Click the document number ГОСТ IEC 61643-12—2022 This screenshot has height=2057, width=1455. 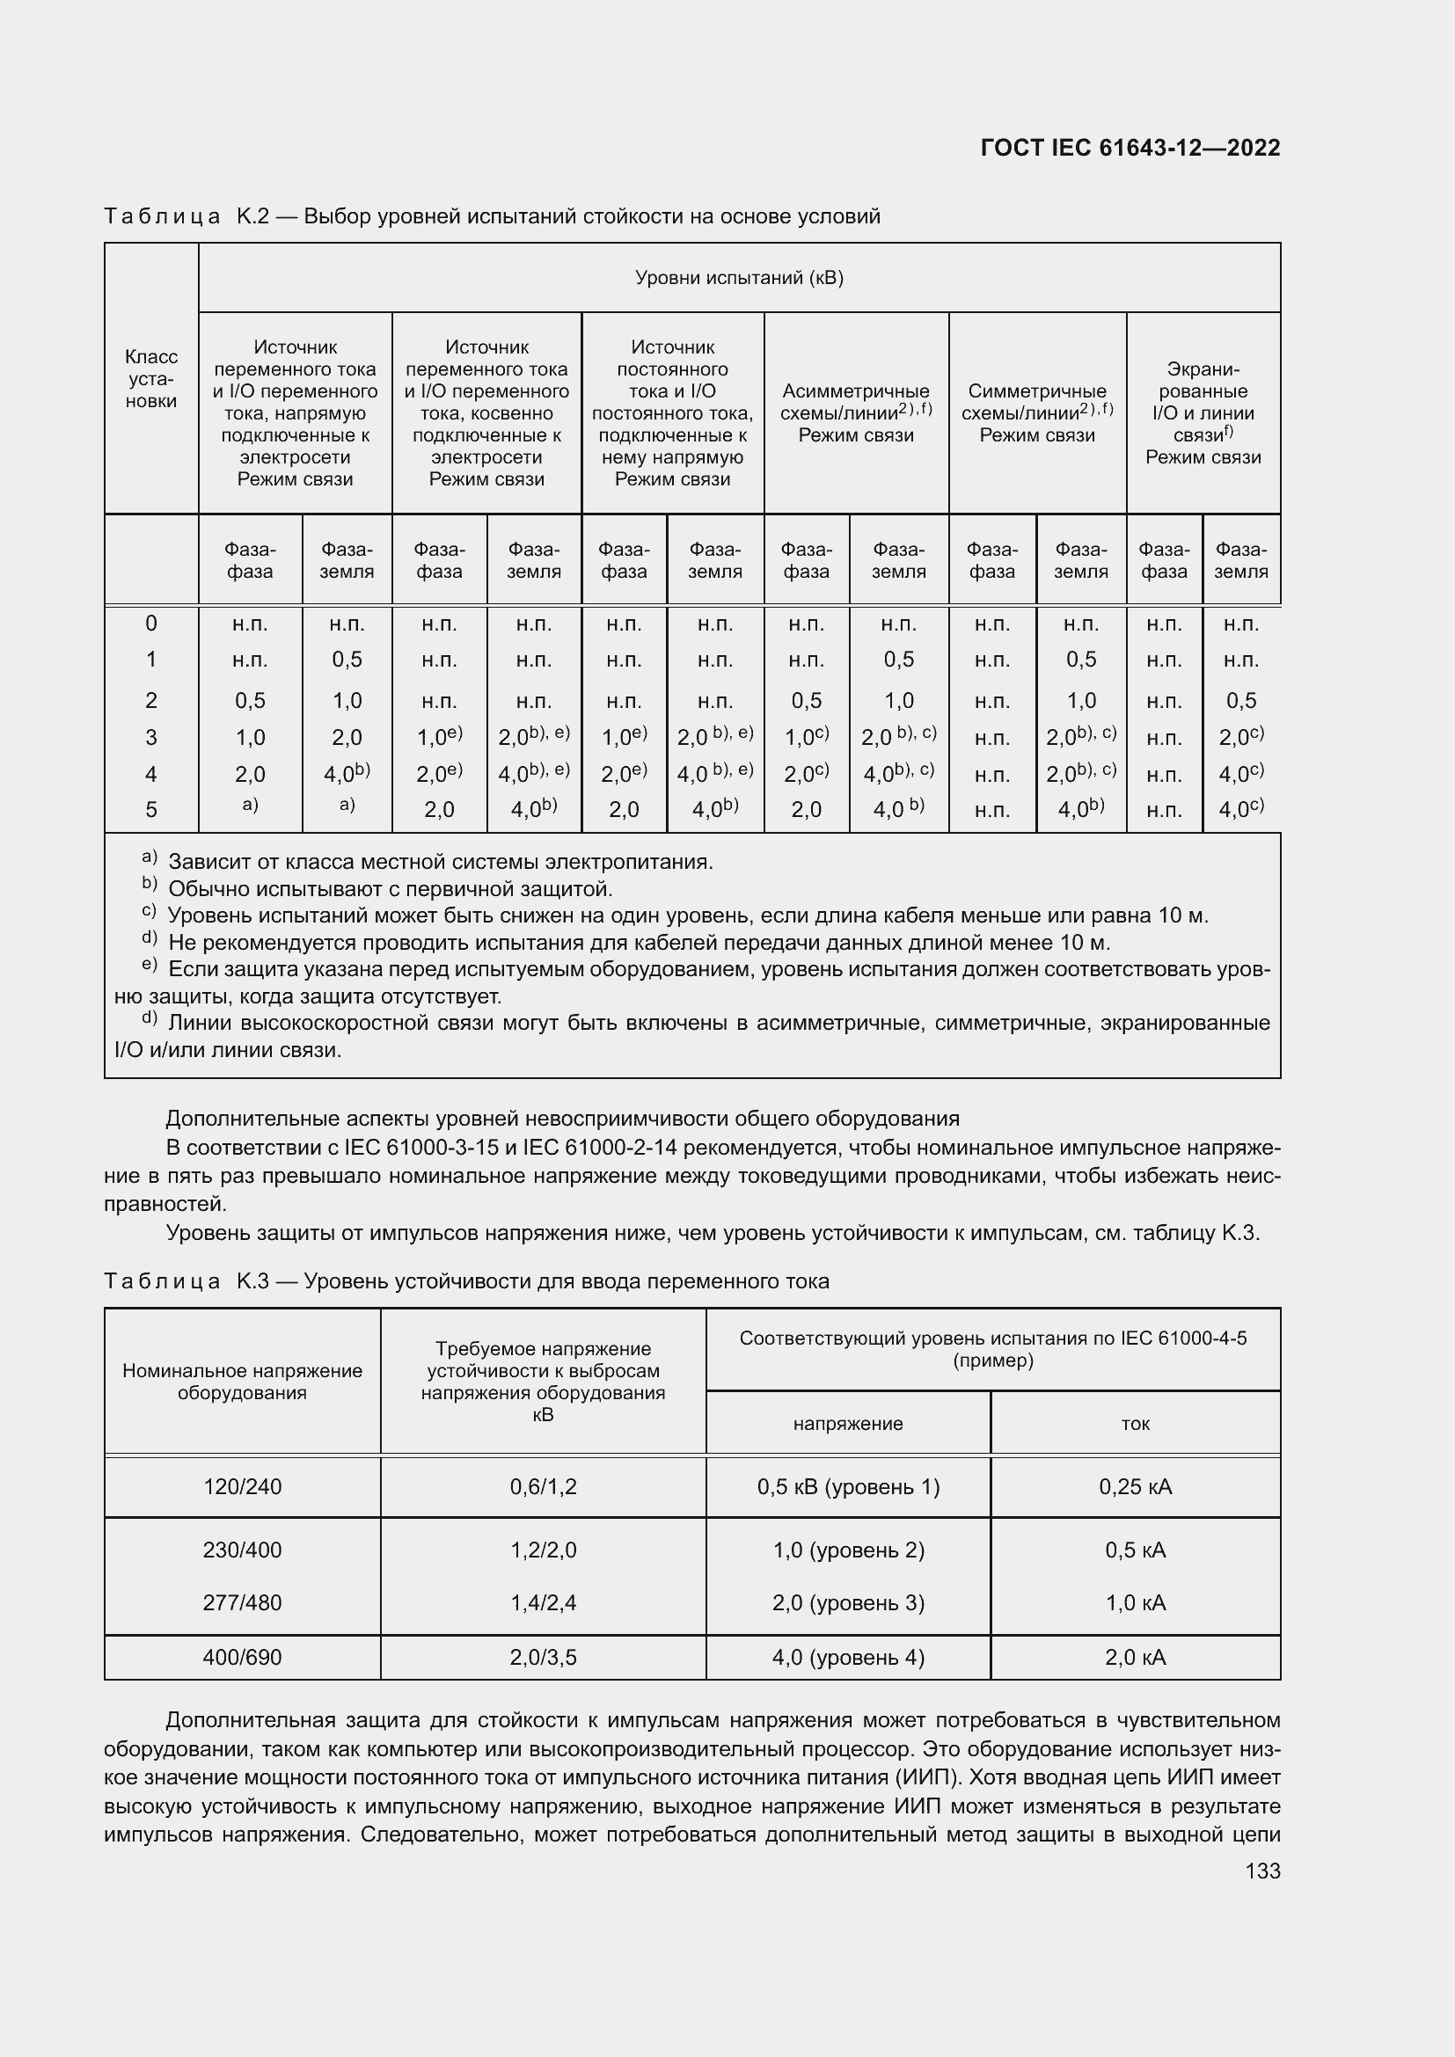click(1130, 148)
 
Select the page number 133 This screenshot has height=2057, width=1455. click(1262, 1871)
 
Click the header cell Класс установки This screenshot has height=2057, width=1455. click(151, 379)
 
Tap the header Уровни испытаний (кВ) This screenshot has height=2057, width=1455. click(739, 278)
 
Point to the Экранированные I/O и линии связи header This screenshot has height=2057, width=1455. click(1203, 413)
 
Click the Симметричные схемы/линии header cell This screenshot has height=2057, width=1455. click(1036, 413)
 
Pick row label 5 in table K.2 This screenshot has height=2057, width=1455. click(151, 810)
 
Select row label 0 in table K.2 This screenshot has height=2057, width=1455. click(151, 624)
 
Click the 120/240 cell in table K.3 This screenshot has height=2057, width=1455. click(242, 1487)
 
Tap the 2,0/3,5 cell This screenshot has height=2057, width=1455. click(543, 1658)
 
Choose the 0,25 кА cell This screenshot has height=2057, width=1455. click(1135, 1487)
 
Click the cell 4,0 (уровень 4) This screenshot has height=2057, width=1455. click(847, 1658)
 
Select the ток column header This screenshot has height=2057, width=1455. click(1135, 1424)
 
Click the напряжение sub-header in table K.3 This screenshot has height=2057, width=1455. click(847, 1424)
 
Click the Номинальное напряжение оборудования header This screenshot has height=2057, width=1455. click(242, 1382)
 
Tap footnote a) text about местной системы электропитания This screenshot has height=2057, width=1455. click(440, 862)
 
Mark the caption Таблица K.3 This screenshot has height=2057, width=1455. click(466, 1281)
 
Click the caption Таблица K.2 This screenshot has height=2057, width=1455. click(491, 216)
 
